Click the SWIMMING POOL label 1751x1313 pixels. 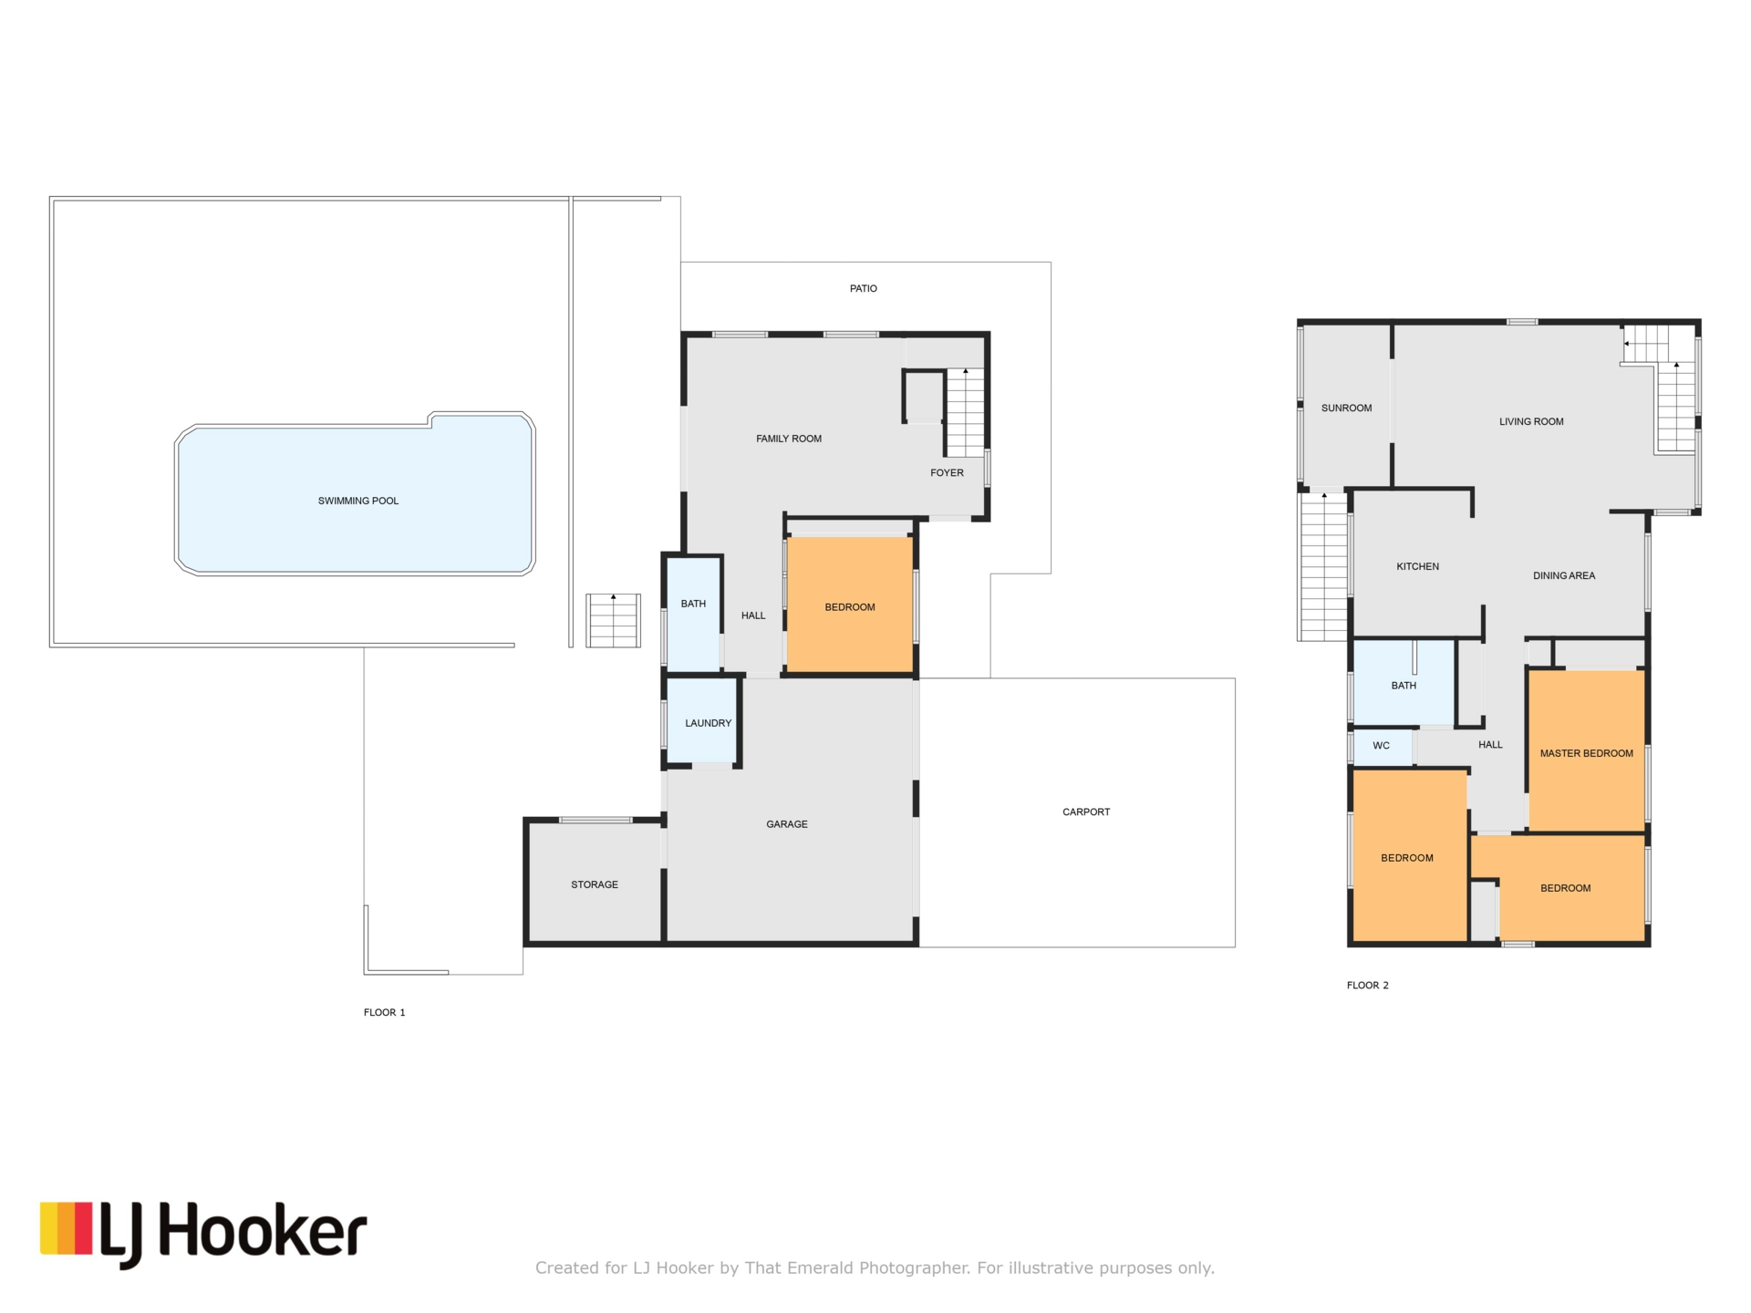click(x=357, y=501)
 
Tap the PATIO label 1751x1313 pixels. click(x=863, y=288)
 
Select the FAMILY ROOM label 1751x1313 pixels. click(x=788, y=439)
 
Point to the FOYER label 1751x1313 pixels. click(x=947, y=472)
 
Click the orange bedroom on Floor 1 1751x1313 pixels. click(x=850, y=605)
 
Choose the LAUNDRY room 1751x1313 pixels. click(x=702, y=721)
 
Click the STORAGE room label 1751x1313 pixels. click(x=595, y=884)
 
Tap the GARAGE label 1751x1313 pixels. click(x=786, y=824)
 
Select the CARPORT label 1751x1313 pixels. click(x=1085, y=812)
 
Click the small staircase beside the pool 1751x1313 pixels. click(x=613, y=621)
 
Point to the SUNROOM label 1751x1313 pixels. click(x=1346, y=408)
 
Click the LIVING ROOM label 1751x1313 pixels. click(x=1531, y=421)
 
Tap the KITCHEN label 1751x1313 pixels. click(x=1417, y=566)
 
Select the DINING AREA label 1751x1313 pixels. click(x=1563, y=575)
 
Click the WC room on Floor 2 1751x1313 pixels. click(x=1383, y=747)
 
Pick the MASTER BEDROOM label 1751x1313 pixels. click(x=1586, y=753)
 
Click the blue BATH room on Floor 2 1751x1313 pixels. click(x=1404, y=684)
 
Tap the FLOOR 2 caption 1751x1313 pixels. click(x=1367, y=985)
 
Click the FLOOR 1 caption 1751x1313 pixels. click(x=384, y=1012)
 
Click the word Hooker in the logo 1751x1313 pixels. click(x=264, y=1231)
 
